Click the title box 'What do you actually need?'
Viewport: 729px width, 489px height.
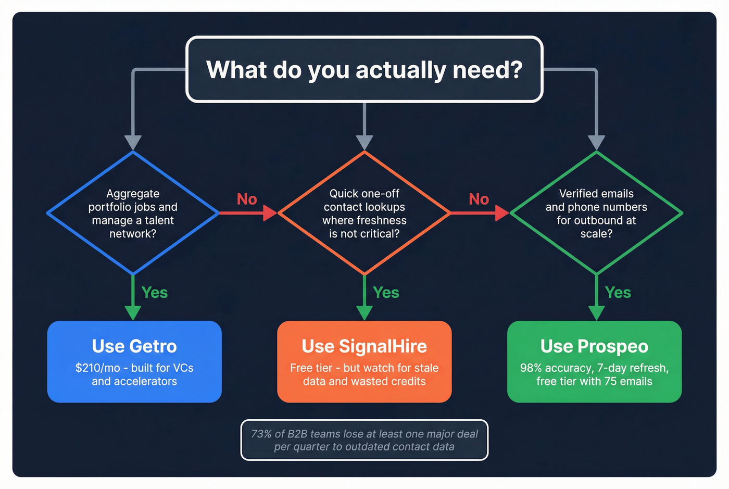click(364, 69)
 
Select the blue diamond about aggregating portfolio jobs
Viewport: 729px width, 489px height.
click(133, 213)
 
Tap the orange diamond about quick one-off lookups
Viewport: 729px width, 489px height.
click(364, 213)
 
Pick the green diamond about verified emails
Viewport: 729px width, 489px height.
click(596, 213)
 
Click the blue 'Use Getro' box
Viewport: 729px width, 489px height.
click(134, 361)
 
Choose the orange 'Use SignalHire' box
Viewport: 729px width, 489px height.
click(364, 361)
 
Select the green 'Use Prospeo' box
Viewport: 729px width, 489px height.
click(594, 361)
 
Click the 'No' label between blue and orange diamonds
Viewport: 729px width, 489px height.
click(247, 199)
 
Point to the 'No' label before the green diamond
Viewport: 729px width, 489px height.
click(479, 199)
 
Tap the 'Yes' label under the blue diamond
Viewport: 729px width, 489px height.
click(155, 293)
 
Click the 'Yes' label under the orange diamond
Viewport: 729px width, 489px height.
click(386, 293)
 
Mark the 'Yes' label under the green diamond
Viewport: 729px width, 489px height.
click(618, 293)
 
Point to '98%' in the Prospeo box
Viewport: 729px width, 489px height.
click(531, 368)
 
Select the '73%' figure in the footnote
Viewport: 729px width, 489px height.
click(261, 434)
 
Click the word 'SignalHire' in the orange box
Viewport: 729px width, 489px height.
click(383, 346)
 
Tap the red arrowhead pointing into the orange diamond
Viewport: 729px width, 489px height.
click(270, 213)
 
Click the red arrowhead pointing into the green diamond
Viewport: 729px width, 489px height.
click(502, 213)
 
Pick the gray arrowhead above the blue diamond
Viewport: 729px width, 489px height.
click(133, 143)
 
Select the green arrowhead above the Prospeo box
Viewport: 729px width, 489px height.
click(596, 312)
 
